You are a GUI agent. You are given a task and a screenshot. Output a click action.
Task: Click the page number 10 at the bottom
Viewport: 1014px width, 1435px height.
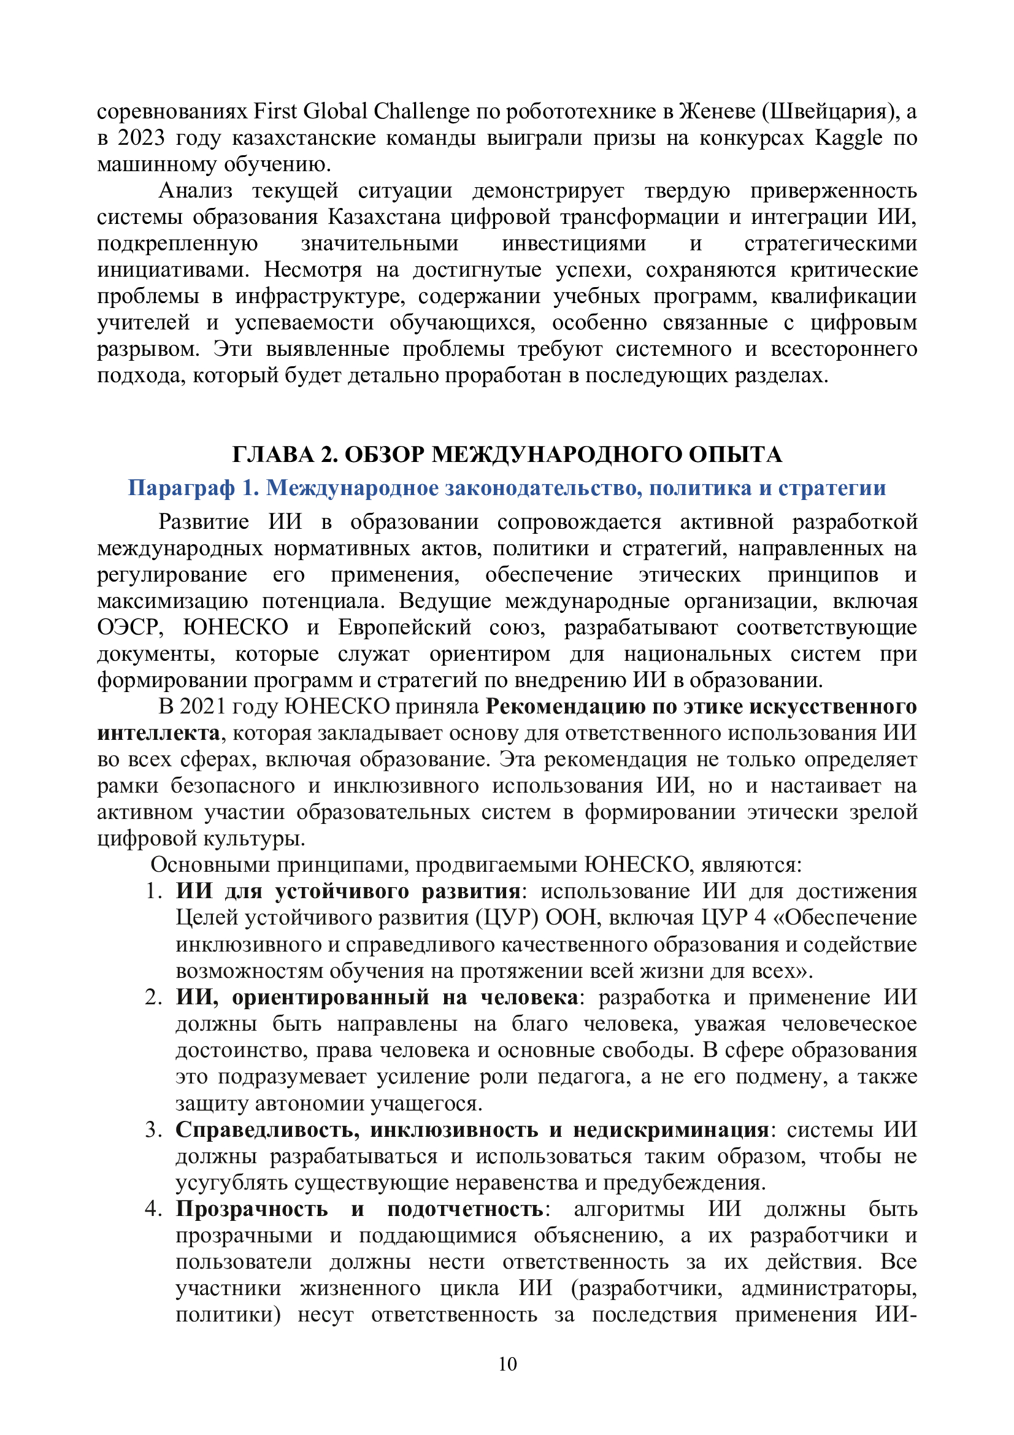[507, 1364]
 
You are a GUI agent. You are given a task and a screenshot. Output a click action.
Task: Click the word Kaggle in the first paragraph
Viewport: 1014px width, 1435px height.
[848, 137]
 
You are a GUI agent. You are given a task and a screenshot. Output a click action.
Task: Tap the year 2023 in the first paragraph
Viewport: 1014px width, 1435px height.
[140, 137]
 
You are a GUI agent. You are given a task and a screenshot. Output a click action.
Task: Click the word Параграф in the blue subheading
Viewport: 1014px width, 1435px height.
[181, 488]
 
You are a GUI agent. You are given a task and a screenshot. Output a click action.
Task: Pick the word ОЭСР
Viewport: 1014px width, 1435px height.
[129, 627]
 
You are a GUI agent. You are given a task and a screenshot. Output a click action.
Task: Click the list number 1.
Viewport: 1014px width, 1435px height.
[154, 891]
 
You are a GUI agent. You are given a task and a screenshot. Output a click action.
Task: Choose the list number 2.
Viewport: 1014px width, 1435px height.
[154, 997]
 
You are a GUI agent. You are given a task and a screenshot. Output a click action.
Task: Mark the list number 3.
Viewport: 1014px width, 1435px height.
[154, 1129]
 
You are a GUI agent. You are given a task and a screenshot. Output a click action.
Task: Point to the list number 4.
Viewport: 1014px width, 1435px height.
[154, 1209]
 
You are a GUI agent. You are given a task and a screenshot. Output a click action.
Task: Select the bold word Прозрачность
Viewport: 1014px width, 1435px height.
[251, 1209]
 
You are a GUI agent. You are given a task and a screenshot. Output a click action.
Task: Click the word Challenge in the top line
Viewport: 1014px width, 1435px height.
[421, 111]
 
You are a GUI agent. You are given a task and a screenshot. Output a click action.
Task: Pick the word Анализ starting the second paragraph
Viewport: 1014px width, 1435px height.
[196, 190]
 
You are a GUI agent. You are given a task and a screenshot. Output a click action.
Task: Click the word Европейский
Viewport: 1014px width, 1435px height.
[404, 627]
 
